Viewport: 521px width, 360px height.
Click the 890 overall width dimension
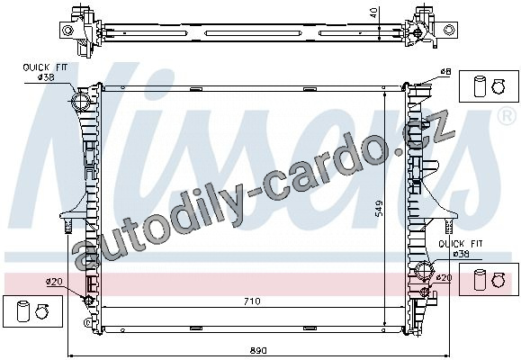(x=258, y=350)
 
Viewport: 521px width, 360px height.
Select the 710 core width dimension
(x=252, y=301)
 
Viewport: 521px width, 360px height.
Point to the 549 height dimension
(x=379, y=208)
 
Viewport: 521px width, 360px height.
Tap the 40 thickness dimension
(x=374, y=13)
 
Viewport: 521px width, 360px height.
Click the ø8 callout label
(x=445, y=71)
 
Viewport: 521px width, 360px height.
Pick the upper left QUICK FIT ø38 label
(x=45, y=72)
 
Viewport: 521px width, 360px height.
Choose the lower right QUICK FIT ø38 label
(x=461, y=249)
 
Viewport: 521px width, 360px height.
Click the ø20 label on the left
(x=54, y=282)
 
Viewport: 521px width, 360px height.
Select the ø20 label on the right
(x=444, y=277)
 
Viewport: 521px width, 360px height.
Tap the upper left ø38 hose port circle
(x=81, y=101)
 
